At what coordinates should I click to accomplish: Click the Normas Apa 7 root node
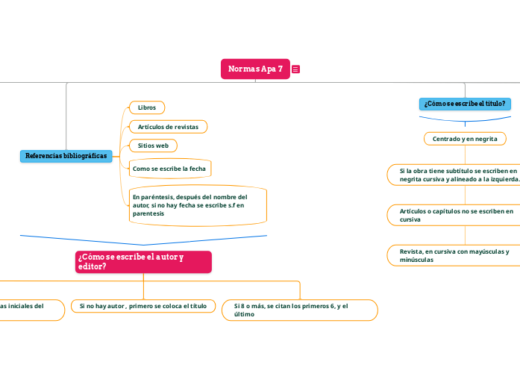255,69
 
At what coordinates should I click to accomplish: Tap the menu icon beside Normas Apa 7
296,69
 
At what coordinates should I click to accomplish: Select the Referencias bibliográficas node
66,156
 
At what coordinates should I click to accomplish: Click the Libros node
146,107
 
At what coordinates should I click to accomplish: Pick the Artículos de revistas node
168,127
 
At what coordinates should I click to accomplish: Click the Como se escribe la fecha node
169,169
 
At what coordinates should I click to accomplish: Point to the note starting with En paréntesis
197,205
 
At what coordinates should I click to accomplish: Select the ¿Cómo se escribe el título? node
465,104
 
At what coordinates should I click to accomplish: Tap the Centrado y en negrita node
465,139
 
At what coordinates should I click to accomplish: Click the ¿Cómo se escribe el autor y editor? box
142,262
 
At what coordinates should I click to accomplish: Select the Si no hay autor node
143,306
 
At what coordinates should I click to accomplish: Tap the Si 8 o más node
300,310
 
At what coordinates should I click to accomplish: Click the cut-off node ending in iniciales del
30,310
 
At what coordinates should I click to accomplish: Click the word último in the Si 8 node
244,314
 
